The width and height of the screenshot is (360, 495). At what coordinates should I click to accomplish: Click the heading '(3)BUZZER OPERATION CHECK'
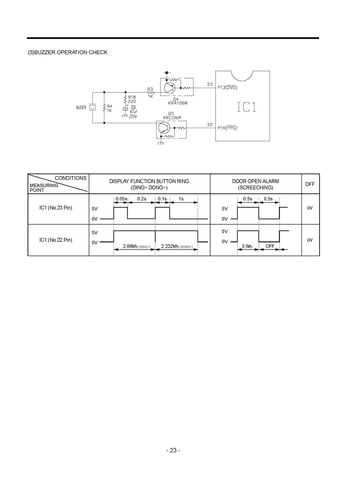tap(68, 53)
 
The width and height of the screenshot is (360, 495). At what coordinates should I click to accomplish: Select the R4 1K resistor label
tap(109, 108)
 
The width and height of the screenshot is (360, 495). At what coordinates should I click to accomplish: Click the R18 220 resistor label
tap(132, 99)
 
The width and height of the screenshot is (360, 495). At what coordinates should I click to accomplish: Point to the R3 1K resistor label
tap(150, 93)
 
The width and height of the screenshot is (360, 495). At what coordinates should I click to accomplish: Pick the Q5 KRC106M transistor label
tap(171, 116)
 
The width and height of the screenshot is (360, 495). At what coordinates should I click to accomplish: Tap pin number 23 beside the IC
tap(210, 84)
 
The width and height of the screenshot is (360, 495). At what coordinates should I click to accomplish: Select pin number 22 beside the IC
tap(210, 125)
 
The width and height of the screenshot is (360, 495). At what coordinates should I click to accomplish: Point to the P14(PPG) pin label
tap(227, 128)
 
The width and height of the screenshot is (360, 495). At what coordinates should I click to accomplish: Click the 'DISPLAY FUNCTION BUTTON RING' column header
tap(149, 184)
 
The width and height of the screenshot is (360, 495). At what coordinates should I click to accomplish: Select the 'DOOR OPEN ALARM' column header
tap(255, 184)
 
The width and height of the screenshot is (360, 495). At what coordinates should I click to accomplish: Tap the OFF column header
tap(310, 184)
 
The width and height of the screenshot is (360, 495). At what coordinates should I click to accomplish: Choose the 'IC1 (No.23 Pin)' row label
tap(56, 208)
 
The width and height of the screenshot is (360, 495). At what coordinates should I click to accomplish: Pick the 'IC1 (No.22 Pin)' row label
tap(56, 240)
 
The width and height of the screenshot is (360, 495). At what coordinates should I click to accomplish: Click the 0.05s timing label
tap(121, 199)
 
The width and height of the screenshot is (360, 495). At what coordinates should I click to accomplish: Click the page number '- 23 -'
tap(173, 450)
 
